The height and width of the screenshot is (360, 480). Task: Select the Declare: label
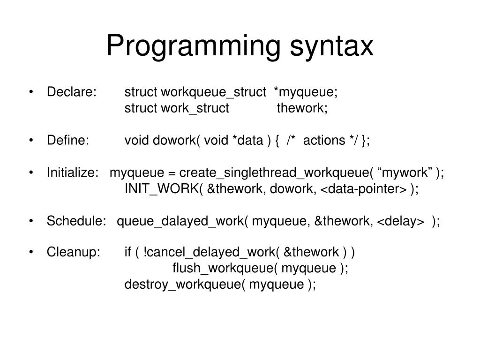pyautogui.click(x=71, y=92)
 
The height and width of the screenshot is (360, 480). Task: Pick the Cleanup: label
pyautogui.click(x=74, y=253)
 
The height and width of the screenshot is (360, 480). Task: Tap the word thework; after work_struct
pyautogui.click(x=302, y=108)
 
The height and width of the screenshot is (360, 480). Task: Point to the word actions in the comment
pyautogui.click(x=324, y=141)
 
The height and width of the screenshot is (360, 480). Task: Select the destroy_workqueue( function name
pyautogui.click(x=185, y=285)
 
